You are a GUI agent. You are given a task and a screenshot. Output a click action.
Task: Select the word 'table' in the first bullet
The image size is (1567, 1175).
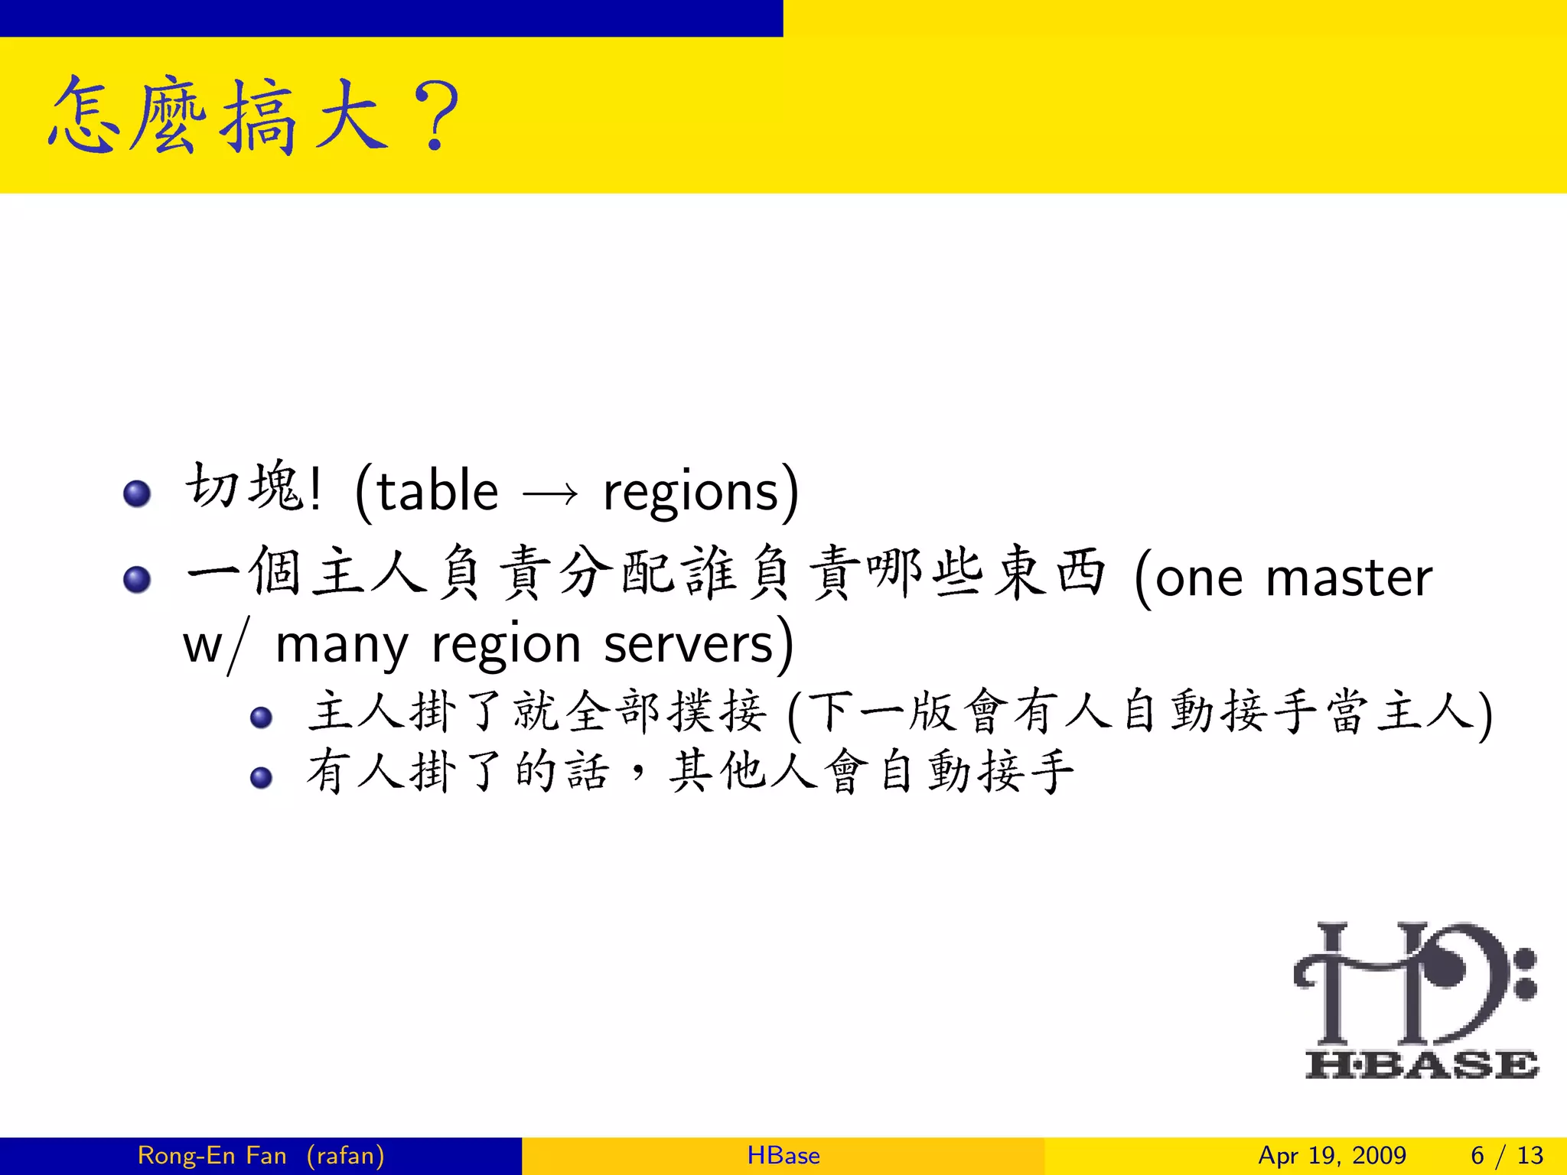tap(437, 491)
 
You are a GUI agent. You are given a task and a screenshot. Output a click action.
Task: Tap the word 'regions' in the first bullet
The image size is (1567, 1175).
tap(690, 493)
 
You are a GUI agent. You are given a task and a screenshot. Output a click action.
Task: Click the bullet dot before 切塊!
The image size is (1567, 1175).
tap(137, 493)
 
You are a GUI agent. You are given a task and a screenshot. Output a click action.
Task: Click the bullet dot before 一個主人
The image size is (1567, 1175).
tap(137, 579)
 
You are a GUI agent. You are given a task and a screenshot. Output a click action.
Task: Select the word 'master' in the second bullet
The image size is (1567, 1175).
tap(1349, 578)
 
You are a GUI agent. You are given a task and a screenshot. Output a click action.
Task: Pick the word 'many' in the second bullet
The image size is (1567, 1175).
tap(341, 645)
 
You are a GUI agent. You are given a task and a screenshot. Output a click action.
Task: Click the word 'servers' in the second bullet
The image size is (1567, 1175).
tap(689, 645)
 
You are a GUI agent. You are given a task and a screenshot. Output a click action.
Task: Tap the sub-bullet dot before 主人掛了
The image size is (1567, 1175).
tap(262, 717)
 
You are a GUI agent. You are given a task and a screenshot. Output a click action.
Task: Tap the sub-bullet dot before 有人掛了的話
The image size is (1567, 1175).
tap(262, 777)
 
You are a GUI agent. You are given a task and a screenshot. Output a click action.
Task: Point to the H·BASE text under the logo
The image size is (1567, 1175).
tap(1421, 1064)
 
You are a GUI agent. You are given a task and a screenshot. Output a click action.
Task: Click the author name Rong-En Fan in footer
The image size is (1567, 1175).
tap(212, 1155)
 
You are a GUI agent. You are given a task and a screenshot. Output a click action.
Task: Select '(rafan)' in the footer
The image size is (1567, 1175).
tap(346, 1155)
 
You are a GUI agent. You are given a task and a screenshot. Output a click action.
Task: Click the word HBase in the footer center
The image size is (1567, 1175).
tap(783, 1155)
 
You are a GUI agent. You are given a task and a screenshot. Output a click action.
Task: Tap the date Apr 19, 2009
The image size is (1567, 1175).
tap(1332, 1155)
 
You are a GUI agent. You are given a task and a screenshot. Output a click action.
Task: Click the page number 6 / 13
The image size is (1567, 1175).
tap(1507, 1155)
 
